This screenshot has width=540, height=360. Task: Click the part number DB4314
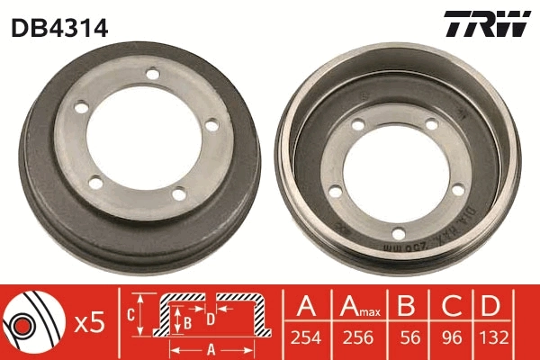tap(59, 27)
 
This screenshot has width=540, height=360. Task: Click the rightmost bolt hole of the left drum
tap(212, 124)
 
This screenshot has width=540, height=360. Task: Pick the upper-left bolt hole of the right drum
tap(358, 126)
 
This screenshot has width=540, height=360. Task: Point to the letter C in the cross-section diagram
tap(129, 314)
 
